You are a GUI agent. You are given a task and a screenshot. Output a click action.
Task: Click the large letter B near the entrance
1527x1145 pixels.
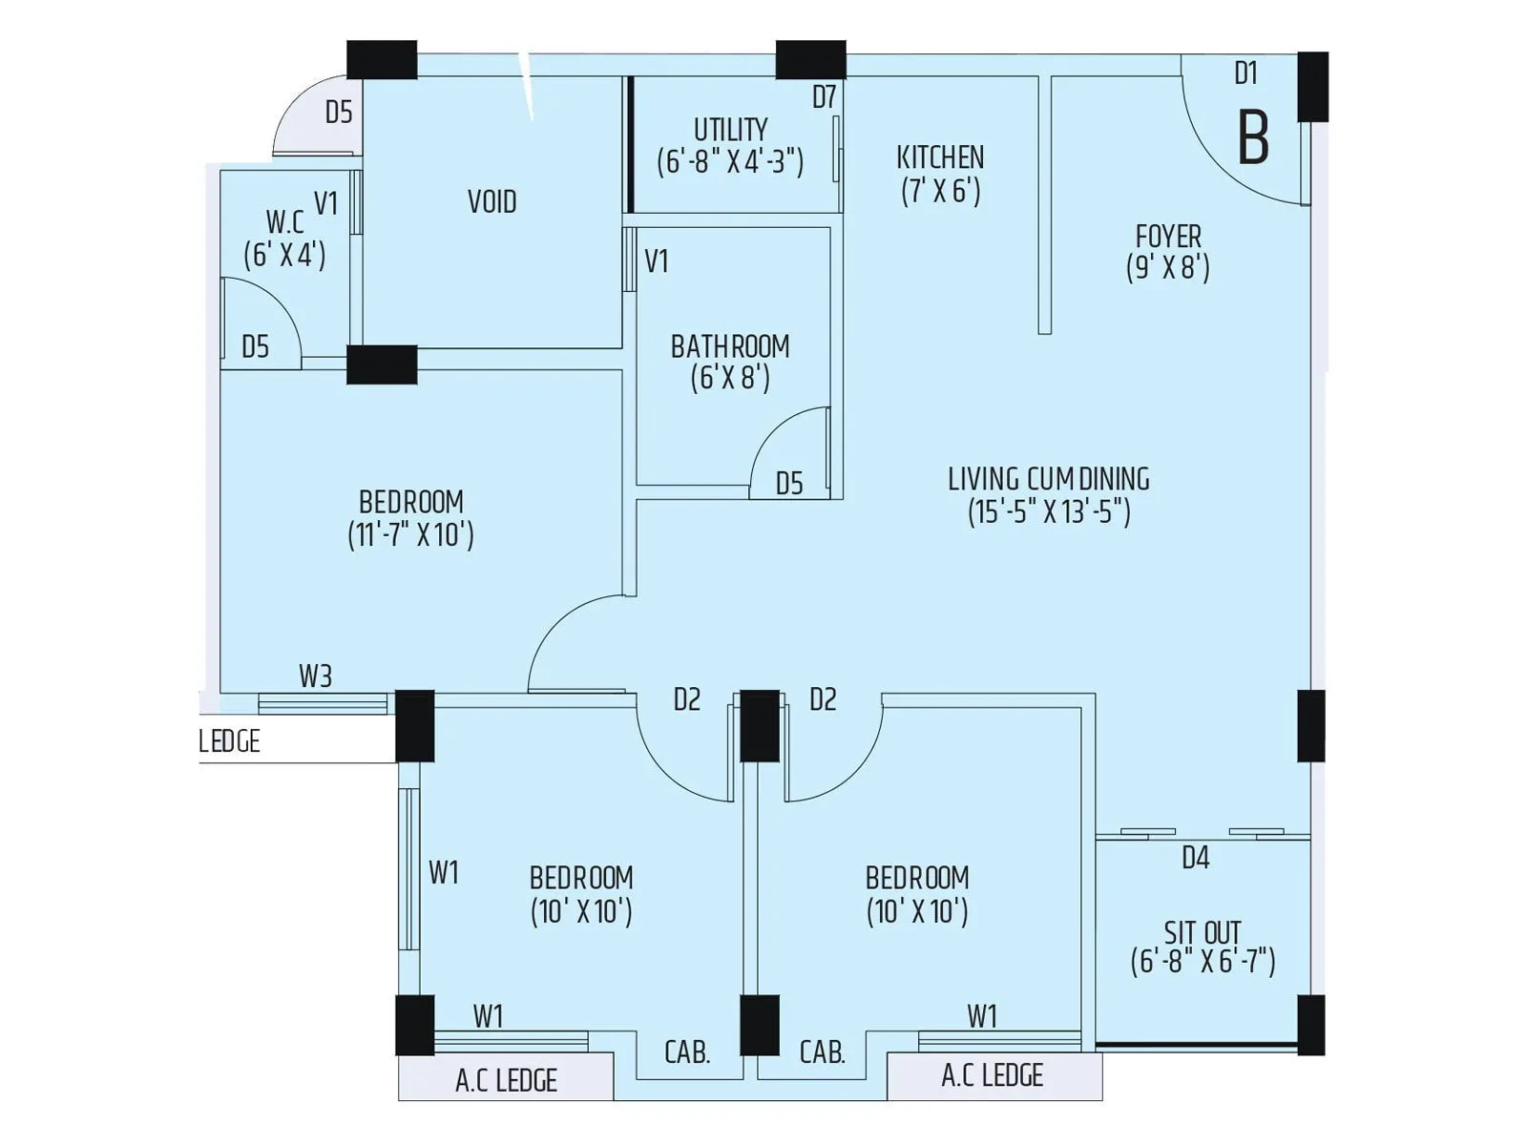(1253, 138)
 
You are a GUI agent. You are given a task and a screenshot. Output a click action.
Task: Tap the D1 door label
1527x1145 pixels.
(1245, 73)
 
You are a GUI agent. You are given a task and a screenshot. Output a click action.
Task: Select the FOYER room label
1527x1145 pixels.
(1168, 236)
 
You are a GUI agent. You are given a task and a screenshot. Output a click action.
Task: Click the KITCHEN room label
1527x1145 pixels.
(940, 157)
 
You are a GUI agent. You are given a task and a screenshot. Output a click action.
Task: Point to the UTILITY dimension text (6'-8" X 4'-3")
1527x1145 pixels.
(730, 161)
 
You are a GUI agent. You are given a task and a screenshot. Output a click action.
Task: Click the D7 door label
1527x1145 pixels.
(824, 97)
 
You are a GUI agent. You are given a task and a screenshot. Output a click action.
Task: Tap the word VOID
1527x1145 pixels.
(492, 202)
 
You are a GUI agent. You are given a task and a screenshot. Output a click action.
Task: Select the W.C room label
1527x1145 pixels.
(284, 222)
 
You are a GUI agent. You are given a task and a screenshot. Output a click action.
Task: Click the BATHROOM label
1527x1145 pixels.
(730, 346)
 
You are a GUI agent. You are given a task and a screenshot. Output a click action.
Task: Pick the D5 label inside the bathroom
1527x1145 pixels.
(789, 484)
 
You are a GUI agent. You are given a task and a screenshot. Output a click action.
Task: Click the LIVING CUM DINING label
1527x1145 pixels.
(1048, 479)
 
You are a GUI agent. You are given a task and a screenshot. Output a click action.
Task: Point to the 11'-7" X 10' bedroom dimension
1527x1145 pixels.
(410, 535)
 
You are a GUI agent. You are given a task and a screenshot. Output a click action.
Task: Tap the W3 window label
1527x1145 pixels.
(315, 677)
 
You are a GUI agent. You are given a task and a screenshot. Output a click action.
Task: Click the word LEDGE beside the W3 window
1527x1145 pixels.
(230, 741)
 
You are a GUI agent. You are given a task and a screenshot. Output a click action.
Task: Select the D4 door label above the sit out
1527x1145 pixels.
(1195, 858)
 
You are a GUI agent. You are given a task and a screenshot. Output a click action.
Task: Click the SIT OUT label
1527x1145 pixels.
(1203, 932)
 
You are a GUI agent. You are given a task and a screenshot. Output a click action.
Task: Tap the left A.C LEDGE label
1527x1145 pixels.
(506, 1081)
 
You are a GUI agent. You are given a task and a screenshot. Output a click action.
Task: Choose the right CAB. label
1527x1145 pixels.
(823, 1052)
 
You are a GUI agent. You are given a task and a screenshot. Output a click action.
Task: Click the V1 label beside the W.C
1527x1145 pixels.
(326, 203)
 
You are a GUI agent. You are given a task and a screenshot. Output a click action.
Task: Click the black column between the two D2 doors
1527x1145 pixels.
(760, 726)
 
